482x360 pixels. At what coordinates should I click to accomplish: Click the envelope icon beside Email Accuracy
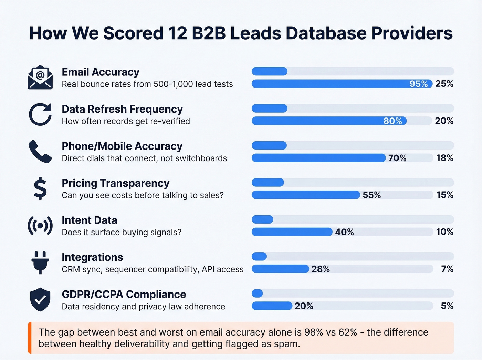tap(40, 78)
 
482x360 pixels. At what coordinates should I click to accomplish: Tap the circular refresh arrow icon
tap(40, 114)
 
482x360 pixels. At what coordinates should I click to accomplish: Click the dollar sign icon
tap(40, 188)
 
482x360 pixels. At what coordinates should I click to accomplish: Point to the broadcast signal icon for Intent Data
tap(40, 226)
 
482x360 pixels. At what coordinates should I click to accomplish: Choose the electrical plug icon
tap(40, 263)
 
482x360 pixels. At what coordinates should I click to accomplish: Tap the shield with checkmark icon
tap(40, 299)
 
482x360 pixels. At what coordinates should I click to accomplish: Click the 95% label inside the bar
tap(418, 84)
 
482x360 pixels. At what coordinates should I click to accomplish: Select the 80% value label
tap(392, 121)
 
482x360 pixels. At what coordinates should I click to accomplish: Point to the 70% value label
tap(397, 158)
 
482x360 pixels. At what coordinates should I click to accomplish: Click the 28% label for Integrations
tap(321, 269)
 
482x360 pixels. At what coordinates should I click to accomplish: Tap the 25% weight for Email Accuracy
tap(444, 84)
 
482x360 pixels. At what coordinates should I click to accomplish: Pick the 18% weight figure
tap(444, 158)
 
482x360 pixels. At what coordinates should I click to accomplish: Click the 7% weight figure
tap(447, 269)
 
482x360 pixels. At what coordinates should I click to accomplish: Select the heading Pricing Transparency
tap(115, 183)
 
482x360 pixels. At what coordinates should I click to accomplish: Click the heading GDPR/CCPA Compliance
tap(124, 295)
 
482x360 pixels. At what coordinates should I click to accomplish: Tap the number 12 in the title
tap(178, 33)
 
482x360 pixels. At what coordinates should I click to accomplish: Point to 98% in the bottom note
tap(313, 332)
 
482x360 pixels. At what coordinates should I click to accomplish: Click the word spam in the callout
tap(289, 344)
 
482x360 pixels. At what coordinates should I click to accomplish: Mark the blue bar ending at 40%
tap(292, 232)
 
